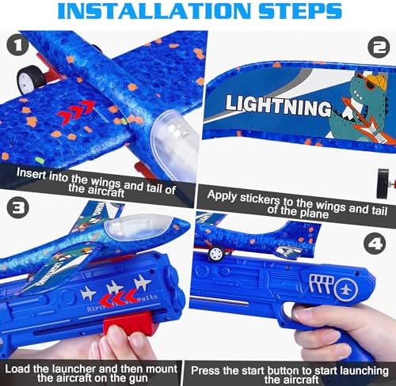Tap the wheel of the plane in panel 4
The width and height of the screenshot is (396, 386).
tap(215, 253)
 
